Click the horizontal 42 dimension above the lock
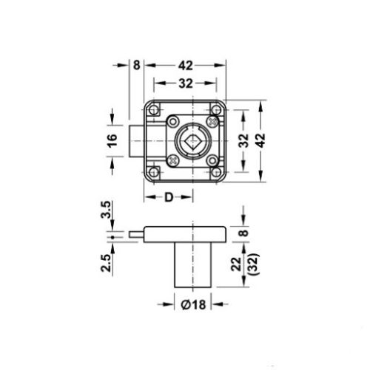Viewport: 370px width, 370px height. [x=186, y=64]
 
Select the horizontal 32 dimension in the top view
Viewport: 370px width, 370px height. [x=186, y=83]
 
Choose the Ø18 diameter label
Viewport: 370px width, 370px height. [x=193, y=304]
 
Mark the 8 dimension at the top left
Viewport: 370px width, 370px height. [x=136, y=64]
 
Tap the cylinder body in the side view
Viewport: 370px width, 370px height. [x=193, y=265]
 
